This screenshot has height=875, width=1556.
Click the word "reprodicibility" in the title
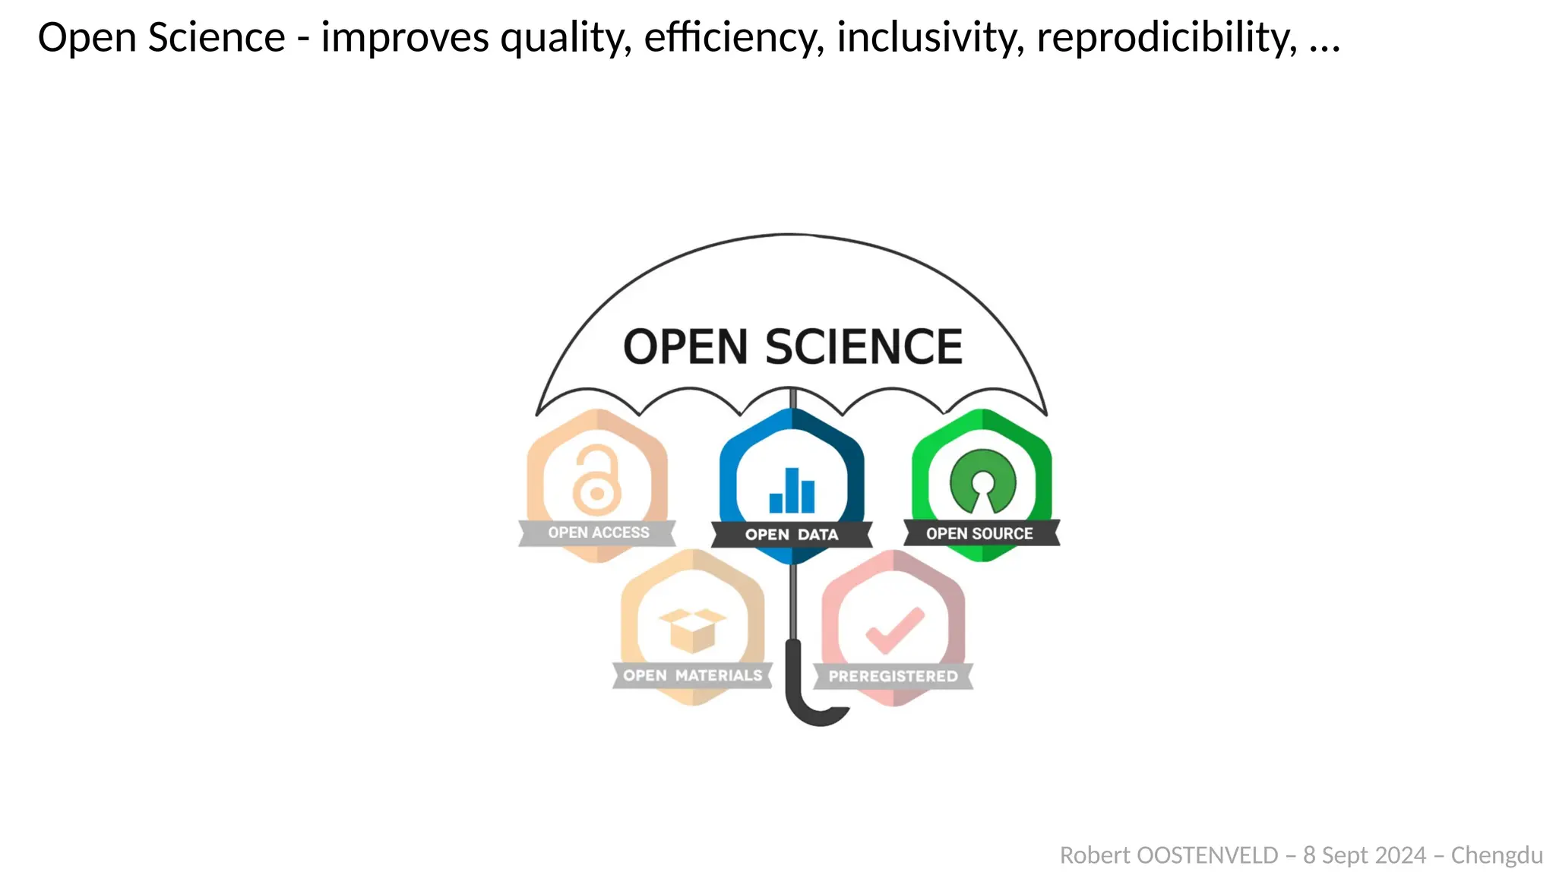pos(1167,38)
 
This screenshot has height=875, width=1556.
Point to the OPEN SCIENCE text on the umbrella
pos(792,347)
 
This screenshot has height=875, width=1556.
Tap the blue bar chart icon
pos(792,491)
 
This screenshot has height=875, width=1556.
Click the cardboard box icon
pos(692,630)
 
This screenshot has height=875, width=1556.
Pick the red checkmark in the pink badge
pos(895,630)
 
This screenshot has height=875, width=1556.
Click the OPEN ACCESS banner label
pos(599,532)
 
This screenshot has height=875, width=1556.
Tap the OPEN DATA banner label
pos(792,535)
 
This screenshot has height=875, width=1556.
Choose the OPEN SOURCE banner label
pos(979,534)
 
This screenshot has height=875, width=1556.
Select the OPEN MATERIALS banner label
pos(692,675)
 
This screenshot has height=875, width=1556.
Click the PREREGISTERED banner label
pos(893,676)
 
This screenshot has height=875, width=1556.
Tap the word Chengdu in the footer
pos(1497,855)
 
